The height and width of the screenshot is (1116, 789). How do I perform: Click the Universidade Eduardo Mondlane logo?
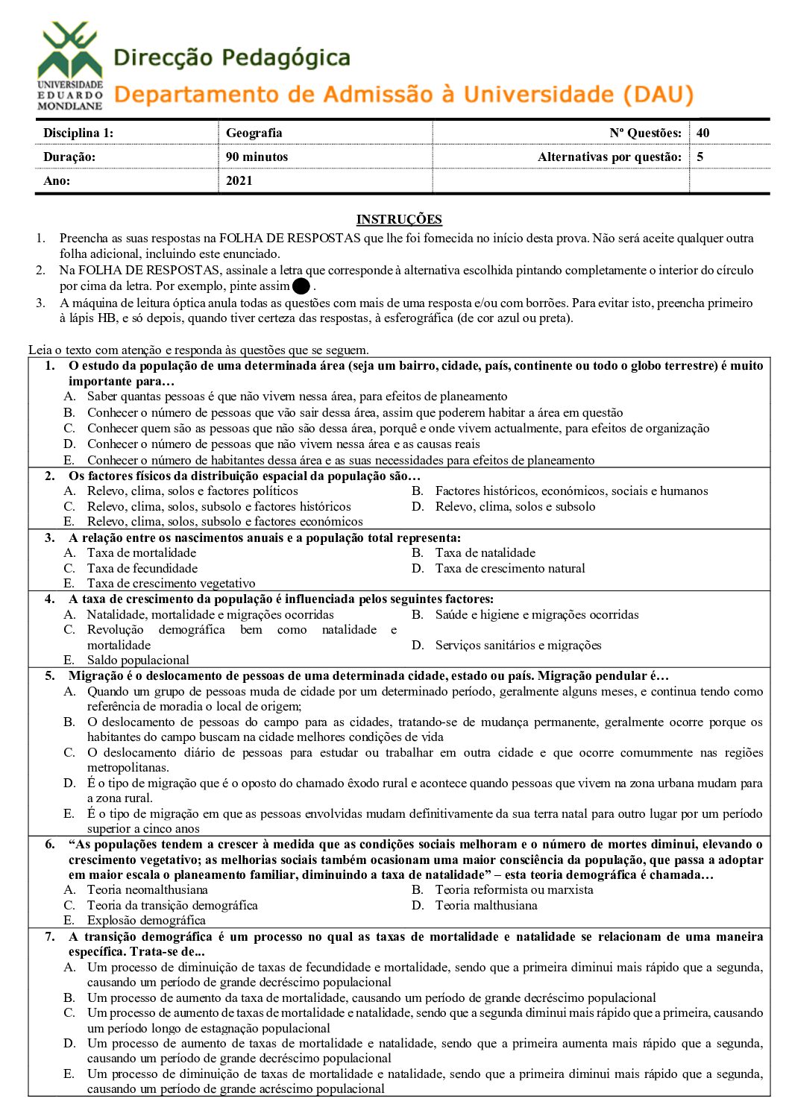(70, 66)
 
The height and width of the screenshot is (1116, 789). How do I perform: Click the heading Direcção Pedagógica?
(231, 57)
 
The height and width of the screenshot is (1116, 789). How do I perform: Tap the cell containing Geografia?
(254, 133)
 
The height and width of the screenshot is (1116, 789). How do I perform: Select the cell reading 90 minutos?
(257, 157)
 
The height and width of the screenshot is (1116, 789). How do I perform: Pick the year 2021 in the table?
(239, 180)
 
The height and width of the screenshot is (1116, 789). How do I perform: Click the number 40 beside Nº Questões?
(702, 133)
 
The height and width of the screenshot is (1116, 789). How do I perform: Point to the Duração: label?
(69, 157)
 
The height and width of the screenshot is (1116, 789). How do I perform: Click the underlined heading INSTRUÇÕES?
(399, 219)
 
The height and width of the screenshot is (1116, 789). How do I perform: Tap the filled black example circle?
(301, 286)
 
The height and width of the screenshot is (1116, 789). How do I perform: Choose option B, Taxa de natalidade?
(485, 552)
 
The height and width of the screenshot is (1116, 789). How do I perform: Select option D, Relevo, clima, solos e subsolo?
(515, 506)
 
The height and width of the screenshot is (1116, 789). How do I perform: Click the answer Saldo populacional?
(138, 660)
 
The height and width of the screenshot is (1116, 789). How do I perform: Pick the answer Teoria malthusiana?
(485, 905)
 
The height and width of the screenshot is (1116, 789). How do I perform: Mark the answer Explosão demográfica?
(146, 920)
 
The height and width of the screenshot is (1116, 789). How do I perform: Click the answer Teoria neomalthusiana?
(147, 889)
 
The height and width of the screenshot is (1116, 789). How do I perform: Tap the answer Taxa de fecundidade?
(142, 568)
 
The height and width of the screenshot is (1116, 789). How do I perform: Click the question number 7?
(50, 936)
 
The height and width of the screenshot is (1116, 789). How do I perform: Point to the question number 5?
(50, 675)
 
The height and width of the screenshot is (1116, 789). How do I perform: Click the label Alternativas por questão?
(609, 157)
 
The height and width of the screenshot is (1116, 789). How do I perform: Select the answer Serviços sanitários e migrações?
(518, 645)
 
